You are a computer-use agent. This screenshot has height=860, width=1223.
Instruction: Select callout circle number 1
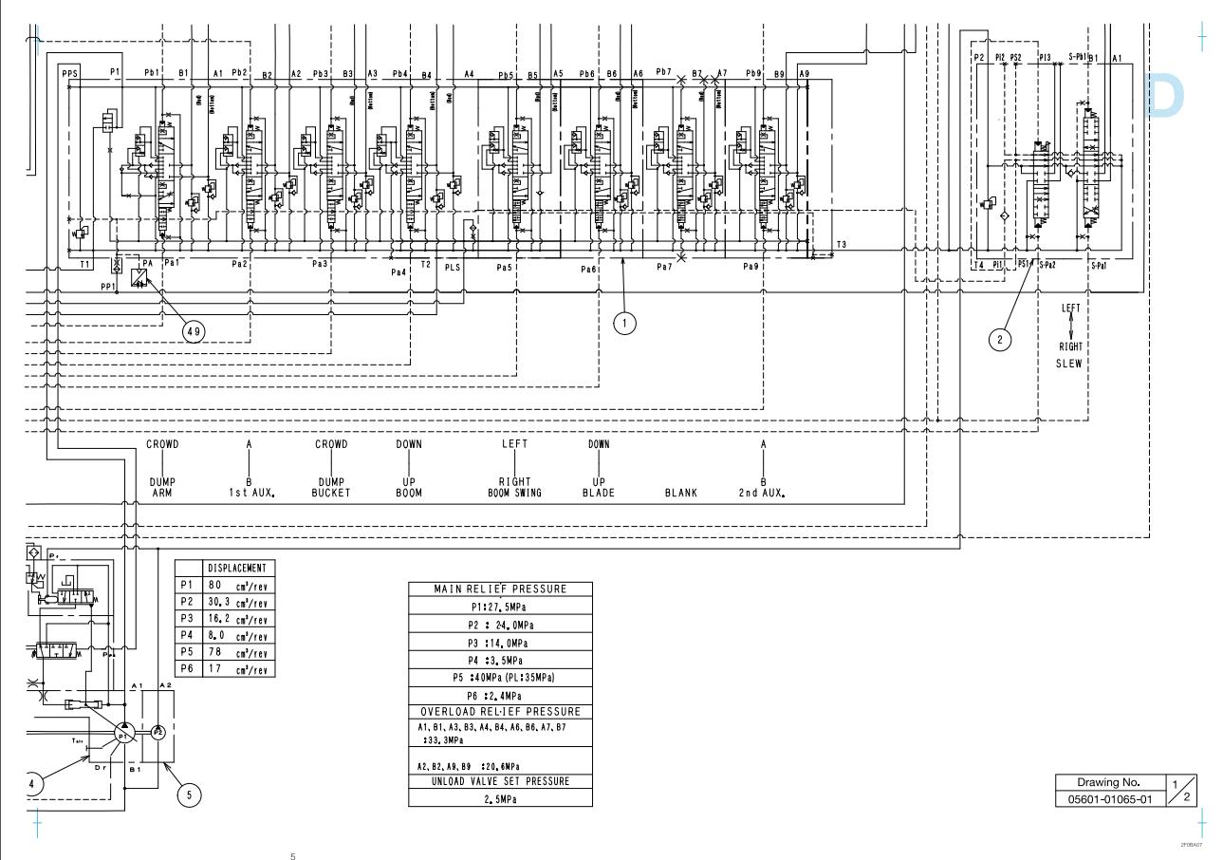click(x=623, y=323)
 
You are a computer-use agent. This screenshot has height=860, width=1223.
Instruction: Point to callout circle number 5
click(x=191, y=795)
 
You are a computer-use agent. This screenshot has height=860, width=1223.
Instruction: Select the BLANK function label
click(x=681, y=493)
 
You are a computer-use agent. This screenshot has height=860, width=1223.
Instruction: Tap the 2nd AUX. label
click(x=763, y=493)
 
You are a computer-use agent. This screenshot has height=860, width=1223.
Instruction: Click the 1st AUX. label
click(x=249, y=493)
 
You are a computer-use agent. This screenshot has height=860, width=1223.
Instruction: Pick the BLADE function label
click(x=598, y=493)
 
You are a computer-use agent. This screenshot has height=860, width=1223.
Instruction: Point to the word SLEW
click(x=1070, y=364)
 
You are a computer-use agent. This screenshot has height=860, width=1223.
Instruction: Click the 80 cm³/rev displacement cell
click(x=238, y=585)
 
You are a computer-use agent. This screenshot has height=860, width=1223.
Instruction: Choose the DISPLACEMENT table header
click(x=238, y=568)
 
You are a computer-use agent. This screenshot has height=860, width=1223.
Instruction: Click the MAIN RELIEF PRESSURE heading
click(x=500, y=589)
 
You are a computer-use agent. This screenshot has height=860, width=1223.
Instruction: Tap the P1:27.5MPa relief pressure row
click(x=500, y=608)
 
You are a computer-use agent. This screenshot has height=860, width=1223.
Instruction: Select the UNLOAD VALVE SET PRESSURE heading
click(x=500, y=781)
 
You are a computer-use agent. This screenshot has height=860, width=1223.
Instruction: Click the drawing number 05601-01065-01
click(x=1106, y=798)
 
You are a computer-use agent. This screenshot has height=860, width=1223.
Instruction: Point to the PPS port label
click(x=69, y=72)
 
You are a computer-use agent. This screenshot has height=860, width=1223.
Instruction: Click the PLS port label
click(x=453, y=267)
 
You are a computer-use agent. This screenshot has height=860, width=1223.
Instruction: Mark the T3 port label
click(x=841, y=244)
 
